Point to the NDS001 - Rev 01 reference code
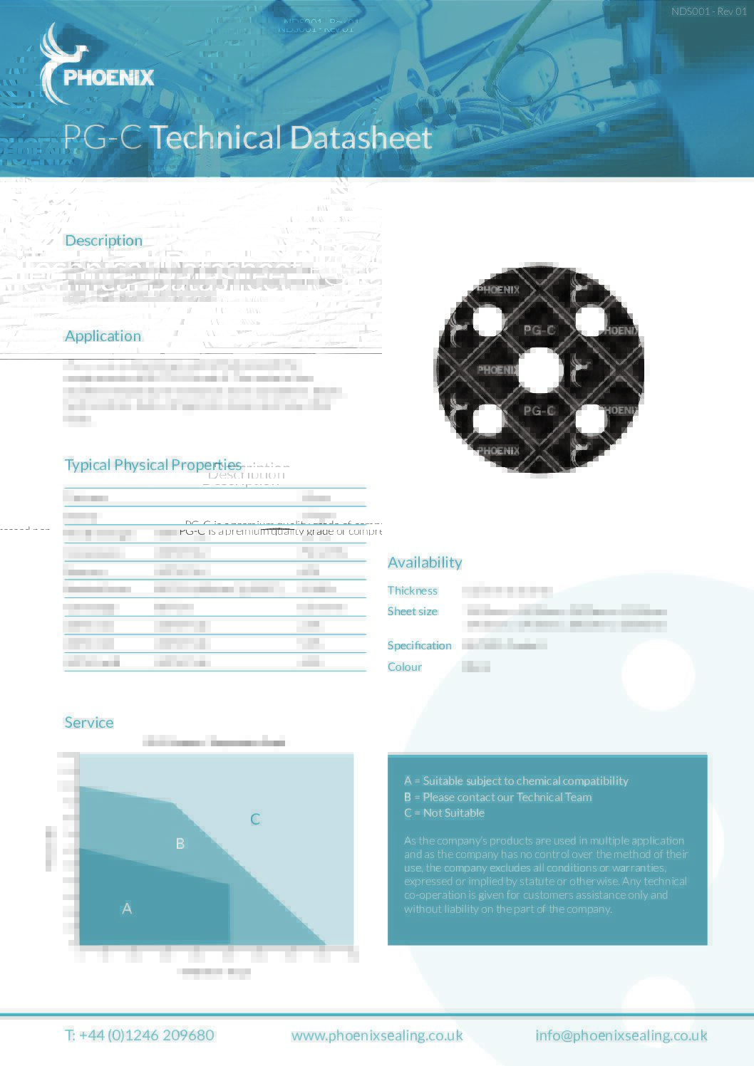click(708, 11)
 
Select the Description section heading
click(103, 241)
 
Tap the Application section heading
click(103, 336)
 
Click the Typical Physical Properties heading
click(153, 465)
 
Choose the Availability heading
click(425, 563)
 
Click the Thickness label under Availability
click(413, 590)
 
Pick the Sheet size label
click(413, 611)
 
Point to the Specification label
click(419, 645)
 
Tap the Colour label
click(405, 667)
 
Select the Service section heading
click(89, 723)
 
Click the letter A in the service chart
click(127, 908)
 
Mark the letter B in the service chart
click(180, 843)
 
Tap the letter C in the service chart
click(255, 819)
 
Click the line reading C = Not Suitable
click(444, 812)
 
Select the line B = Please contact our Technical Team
click(497, 797)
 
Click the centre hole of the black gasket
click(539, 370)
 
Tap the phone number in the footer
click(140, 1035)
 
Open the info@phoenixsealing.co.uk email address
click(621, 1035)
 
